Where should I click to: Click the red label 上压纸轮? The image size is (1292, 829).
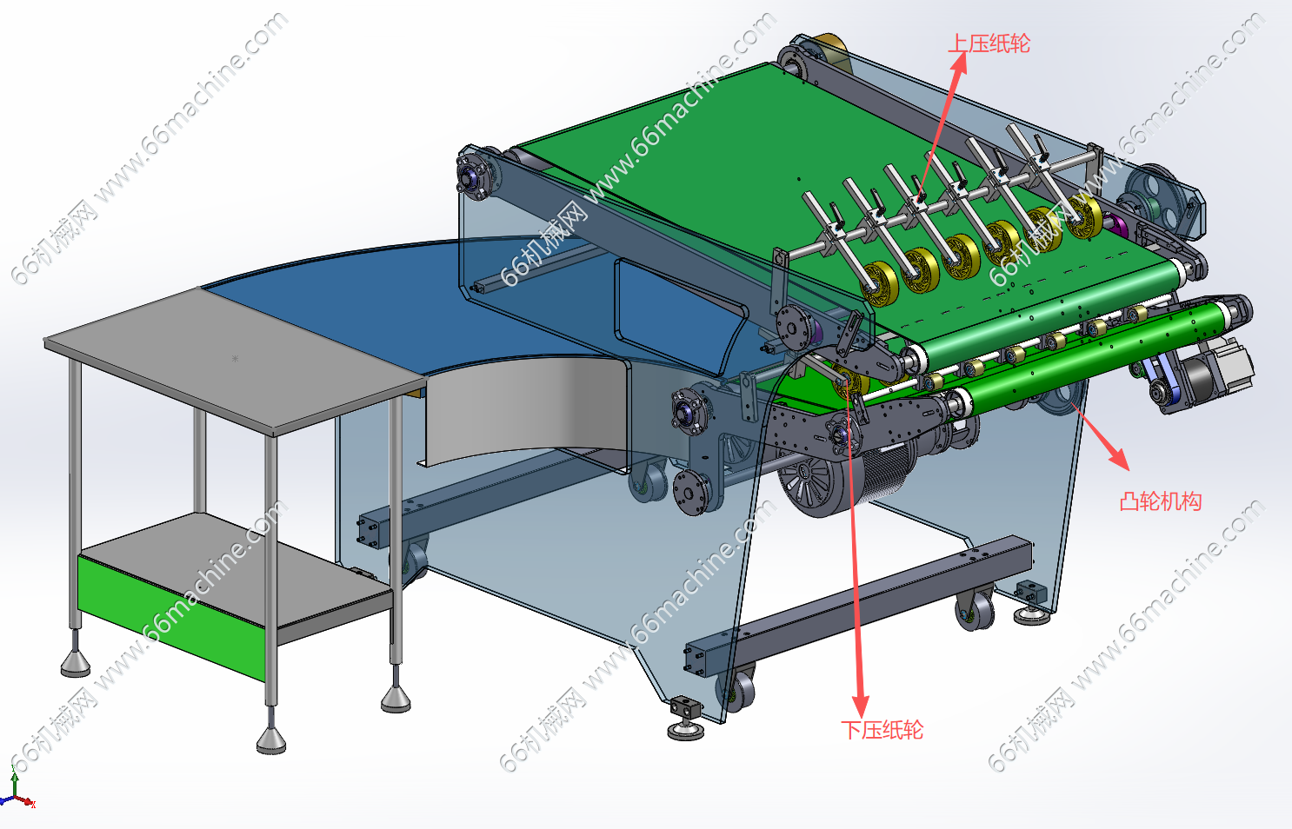point(989,43)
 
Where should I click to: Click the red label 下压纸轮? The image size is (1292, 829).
point(882,730)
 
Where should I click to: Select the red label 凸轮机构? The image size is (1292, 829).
point(1160,501)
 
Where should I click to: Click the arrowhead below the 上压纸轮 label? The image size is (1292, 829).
point(959,63)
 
